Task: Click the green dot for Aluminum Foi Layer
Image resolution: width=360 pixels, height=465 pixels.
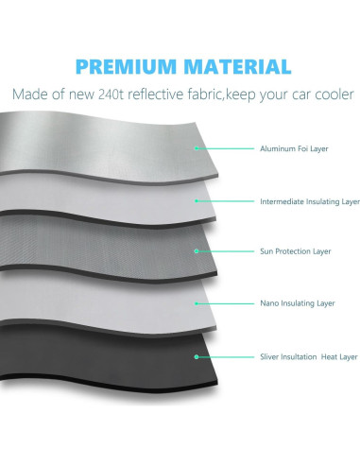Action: pos(197,148)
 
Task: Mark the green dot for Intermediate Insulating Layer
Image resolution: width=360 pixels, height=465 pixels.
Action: pos(197,200)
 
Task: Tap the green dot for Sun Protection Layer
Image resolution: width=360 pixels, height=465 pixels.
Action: pos(197,251)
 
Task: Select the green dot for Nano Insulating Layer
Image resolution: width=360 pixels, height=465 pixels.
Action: pos(197,303)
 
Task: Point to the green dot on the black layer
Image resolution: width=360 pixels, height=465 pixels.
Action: pos(197,357)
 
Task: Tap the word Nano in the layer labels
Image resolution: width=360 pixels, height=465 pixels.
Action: pos(269,303)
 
